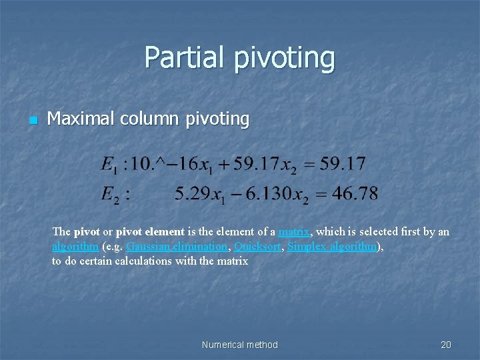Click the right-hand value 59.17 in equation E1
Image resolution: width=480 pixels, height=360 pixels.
click(x=342, y=163)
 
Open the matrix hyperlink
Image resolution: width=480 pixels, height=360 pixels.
click(x=293, y=232)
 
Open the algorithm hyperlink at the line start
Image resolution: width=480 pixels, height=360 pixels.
click(x=75, y=246)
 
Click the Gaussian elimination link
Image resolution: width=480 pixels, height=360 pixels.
click(x=176, y=246)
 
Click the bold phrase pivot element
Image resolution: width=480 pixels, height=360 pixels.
click(x=150, y=232)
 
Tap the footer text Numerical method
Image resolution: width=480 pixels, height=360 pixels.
click(x=239, y=345)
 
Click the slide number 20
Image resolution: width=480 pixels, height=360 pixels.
click(x=446, y=345)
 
